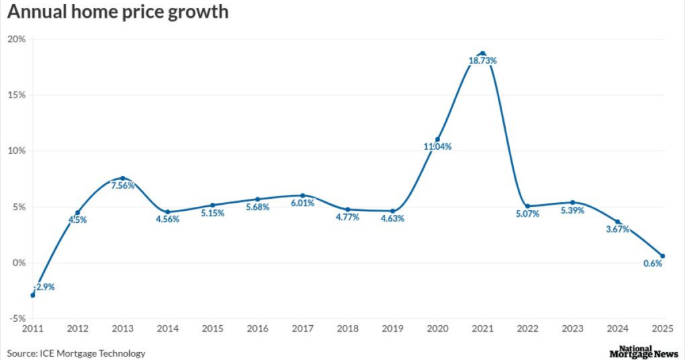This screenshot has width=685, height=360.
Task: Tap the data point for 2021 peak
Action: click(x=482, y=54)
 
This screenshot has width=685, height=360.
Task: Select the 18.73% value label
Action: click(x=482, y=61)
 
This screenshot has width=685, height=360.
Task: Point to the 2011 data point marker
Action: click(x=33, y=295)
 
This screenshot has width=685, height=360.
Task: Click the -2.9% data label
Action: click(x=43, y=286)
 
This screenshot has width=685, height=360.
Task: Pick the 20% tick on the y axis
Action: click(x=17, y=39)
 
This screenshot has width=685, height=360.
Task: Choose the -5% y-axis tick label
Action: click(x=17, y=319)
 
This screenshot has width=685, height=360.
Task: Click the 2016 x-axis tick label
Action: click(x=258, y=329)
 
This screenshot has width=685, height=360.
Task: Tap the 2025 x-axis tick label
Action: click(x=662, y=329)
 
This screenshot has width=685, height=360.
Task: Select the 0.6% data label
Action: click(x=653, y=264)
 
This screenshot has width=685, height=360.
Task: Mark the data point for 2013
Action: click(x=122, y=178)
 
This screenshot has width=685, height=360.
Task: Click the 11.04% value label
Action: click(x=438, y=147)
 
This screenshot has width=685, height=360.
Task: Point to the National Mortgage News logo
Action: click(x=641, y=352)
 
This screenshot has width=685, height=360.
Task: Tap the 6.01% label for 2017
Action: click(x=302, y=203)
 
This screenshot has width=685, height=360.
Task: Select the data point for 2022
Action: click(x=527, y=206)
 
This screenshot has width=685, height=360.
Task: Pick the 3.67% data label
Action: click(x=617, y=230)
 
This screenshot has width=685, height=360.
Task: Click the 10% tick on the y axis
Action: click(x=17, y=151)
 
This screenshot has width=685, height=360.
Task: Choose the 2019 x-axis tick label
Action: click(x=393, y=329)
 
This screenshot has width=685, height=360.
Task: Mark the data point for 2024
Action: click(x=617, y=221)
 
